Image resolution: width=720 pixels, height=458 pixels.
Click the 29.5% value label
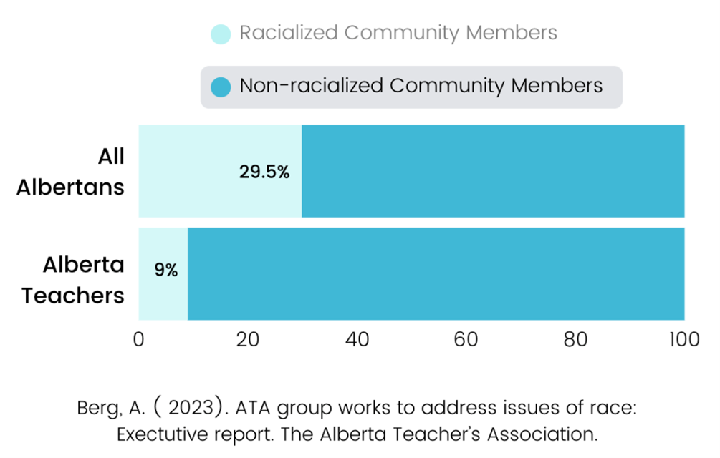[x=264, y=172]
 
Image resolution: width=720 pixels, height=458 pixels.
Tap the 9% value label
[x=166, y=271]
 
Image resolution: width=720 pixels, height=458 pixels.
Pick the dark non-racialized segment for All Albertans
[x=493, y=171]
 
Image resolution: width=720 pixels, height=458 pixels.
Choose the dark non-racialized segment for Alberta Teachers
[x=436, y=273]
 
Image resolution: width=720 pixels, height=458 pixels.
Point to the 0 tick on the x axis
[x=139, y=339]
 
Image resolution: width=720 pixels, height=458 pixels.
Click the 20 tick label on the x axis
[x=248, y=339]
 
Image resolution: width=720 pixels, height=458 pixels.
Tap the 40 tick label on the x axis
[x=357, y=339]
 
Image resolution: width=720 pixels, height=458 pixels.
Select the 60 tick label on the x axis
[x=466, y=339]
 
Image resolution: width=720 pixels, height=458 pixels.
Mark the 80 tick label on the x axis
[x=575, y=339]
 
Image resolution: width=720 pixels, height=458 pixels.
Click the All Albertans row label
[x=71, y=172]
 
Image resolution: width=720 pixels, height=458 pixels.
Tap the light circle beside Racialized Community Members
[x=221, y=34]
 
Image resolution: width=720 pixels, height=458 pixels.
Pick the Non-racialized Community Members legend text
[x=421, y=87]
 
